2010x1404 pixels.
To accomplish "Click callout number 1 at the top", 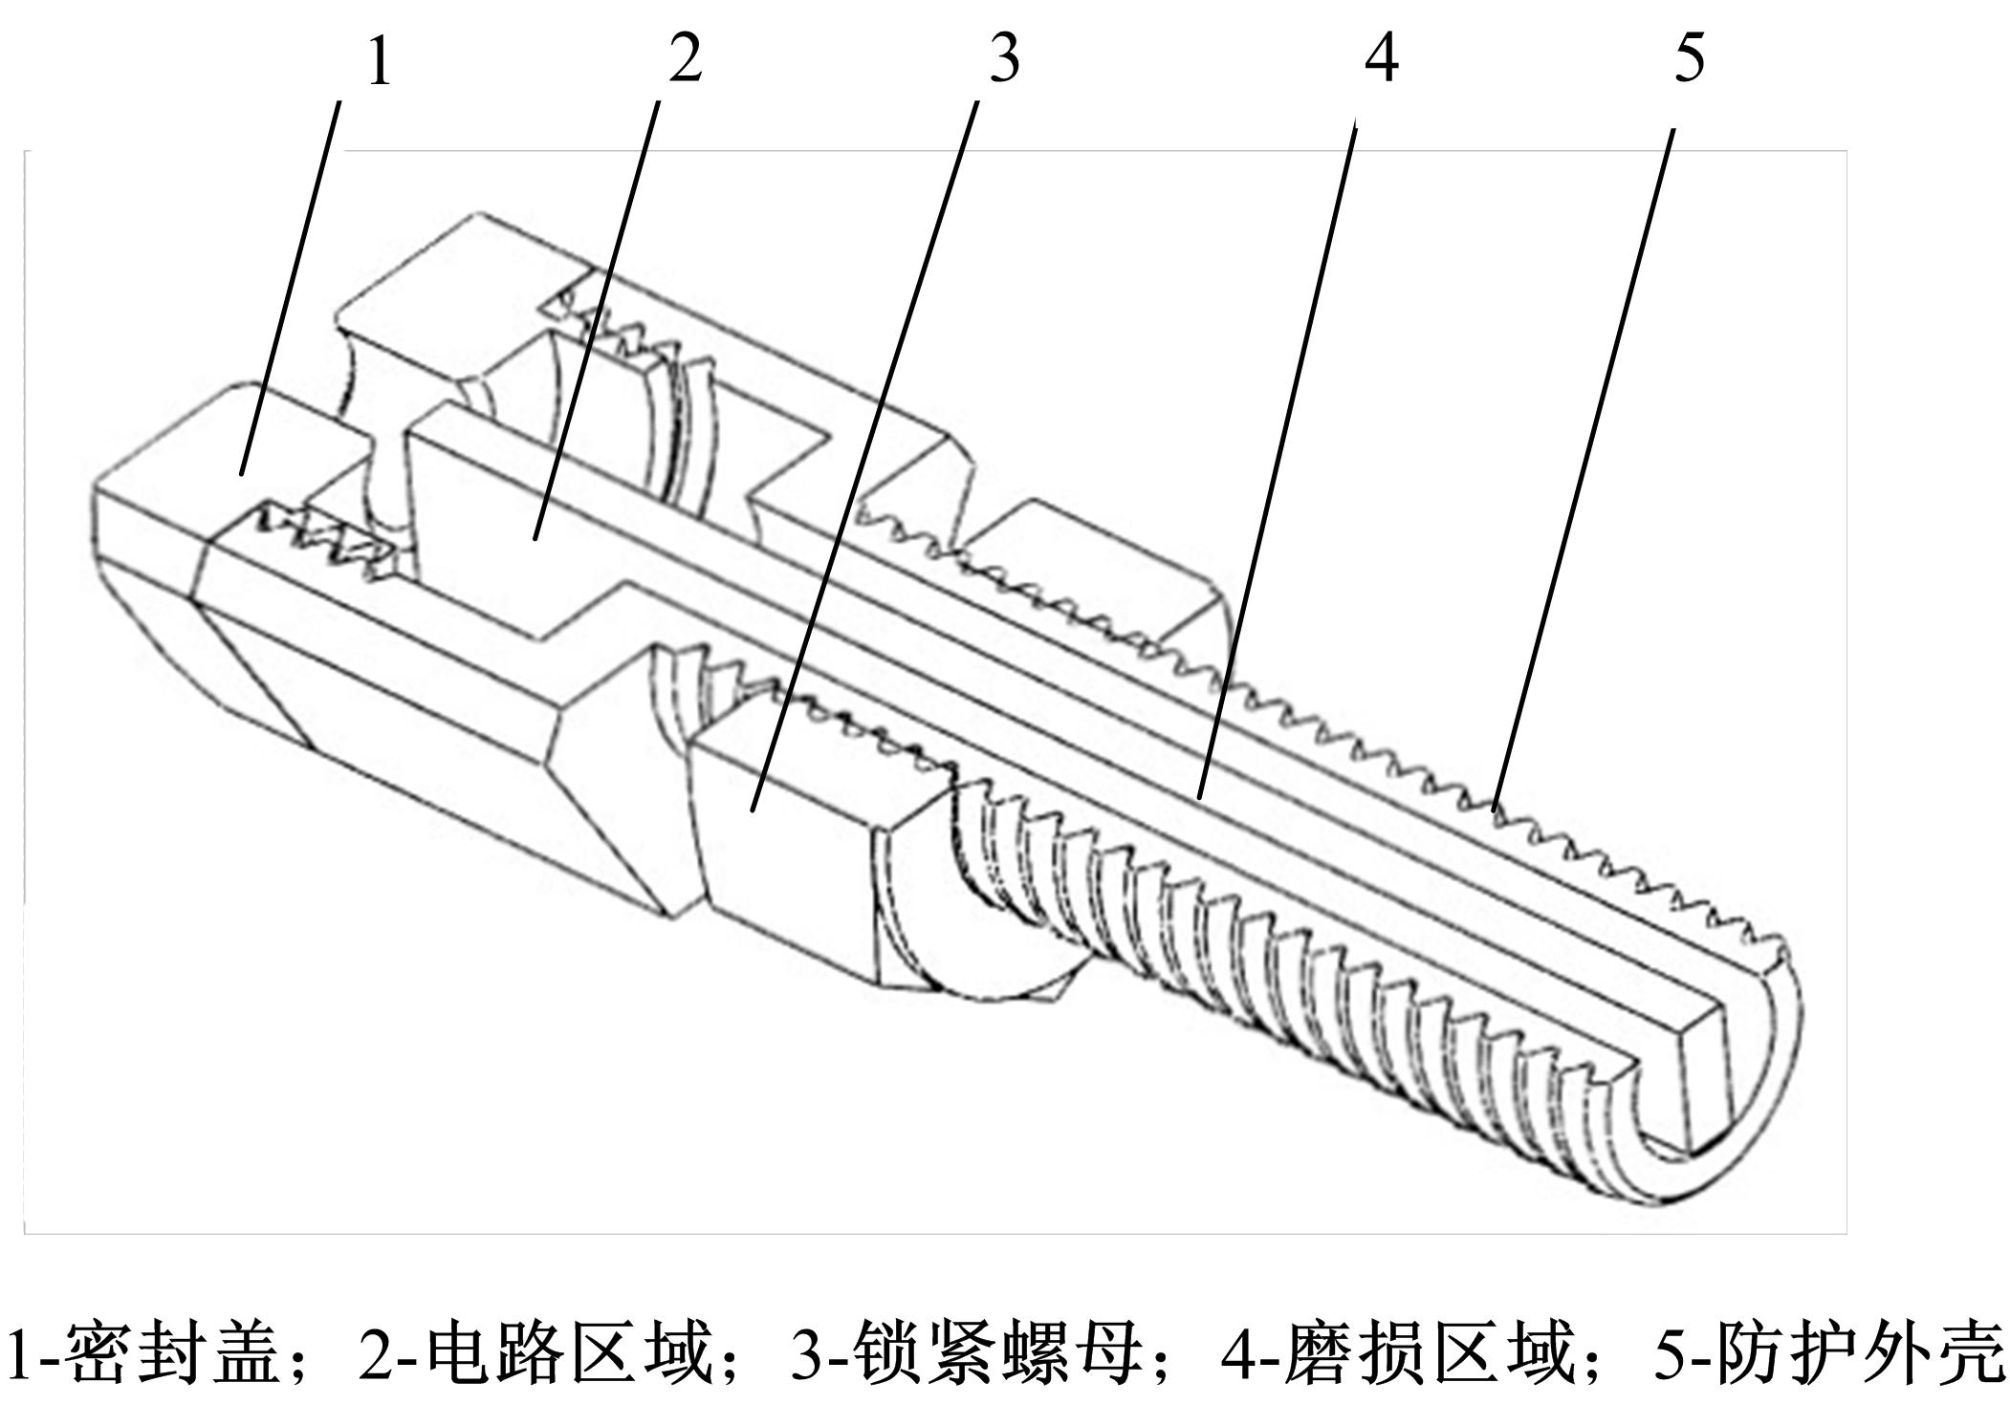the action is click(380, 63).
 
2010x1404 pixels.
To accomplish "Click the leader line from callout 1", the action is click(290, 287).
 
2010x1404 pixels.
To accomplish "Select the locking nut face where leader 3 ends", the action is click(753, 810).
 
